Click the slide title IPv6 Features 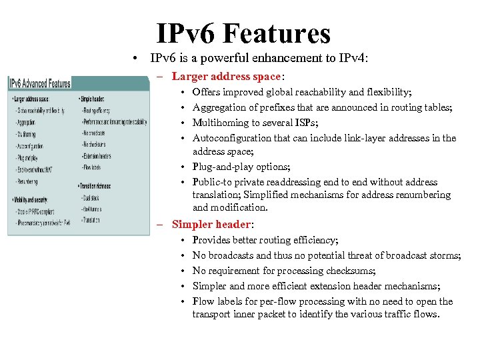click(x=243, y=33)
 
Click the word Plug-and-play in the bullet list click(x=223, y=167)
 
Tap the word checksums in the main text click(x=349, y=271)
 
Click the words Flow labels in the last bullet click(x=217, y=301)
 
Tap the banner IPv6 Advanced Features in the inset click(x=40, y=83)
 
